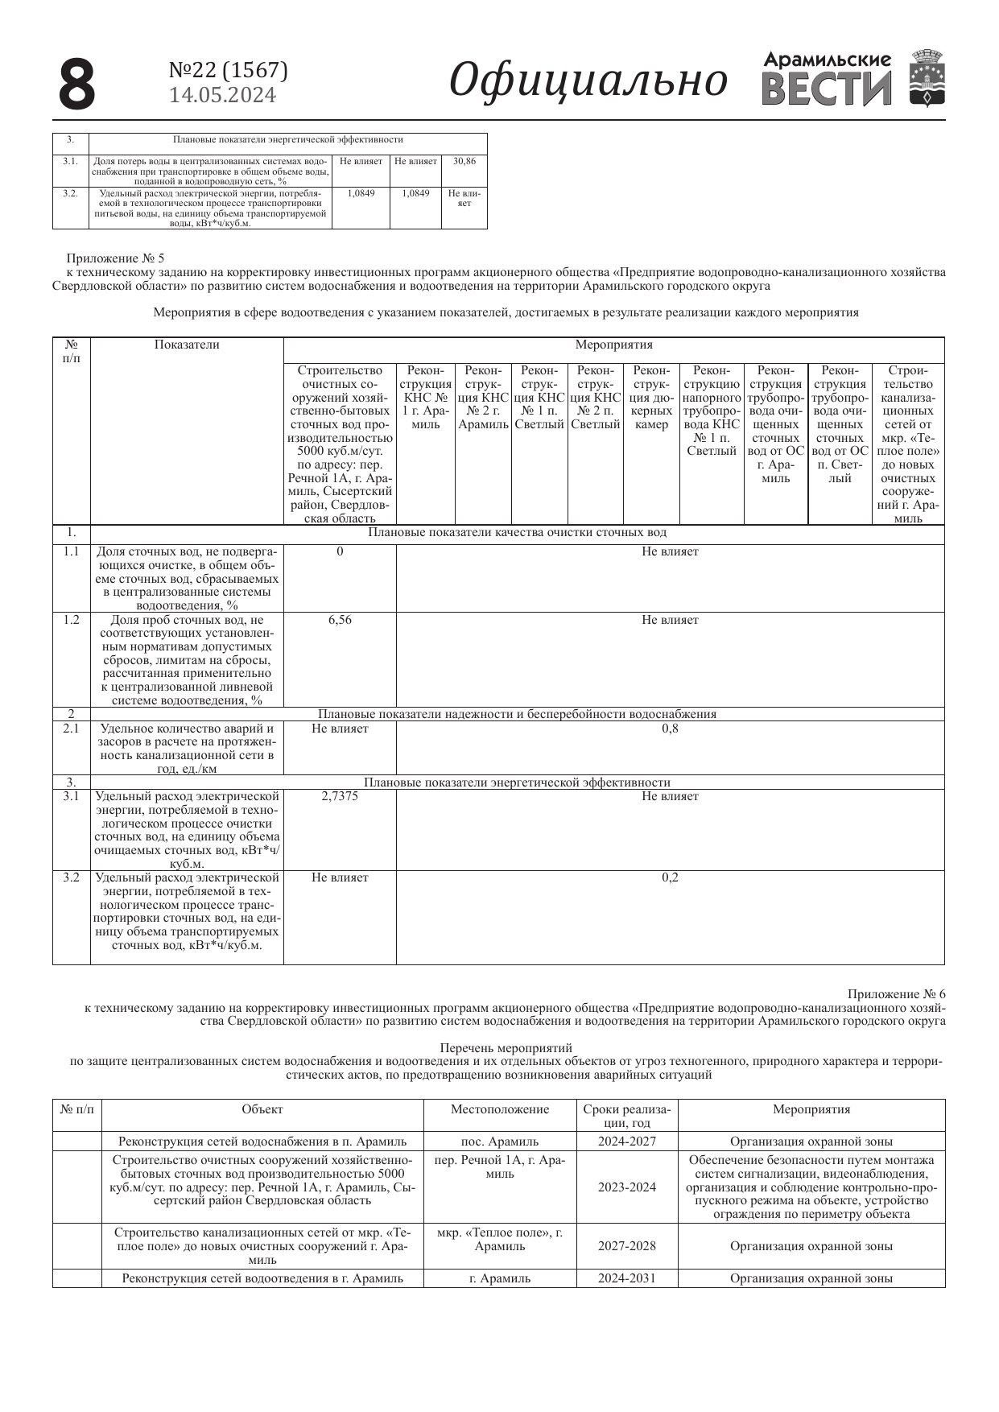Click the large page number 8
77,85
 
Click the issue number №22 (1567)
228,71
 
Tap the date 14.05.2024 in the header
222,96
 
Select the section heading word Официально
588,81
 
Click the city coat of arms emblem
927,78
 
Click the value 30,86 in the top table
464,162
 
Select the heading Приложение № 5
115,258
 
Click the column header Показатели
187,345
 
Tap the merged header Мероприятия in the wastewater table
613,345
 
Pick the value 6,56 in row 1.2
340,620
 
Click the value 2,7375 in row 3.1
340,796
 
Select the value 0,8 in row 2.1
670,729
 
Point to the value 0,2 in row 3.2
670,877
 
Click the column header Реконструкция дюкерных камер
651,398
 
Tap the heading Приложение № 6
896,994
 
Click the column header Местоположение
500,1109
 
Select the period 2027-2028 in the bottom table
627,1246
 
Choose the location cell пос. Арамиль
500,1142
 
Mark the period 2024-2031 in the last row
627,1278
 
